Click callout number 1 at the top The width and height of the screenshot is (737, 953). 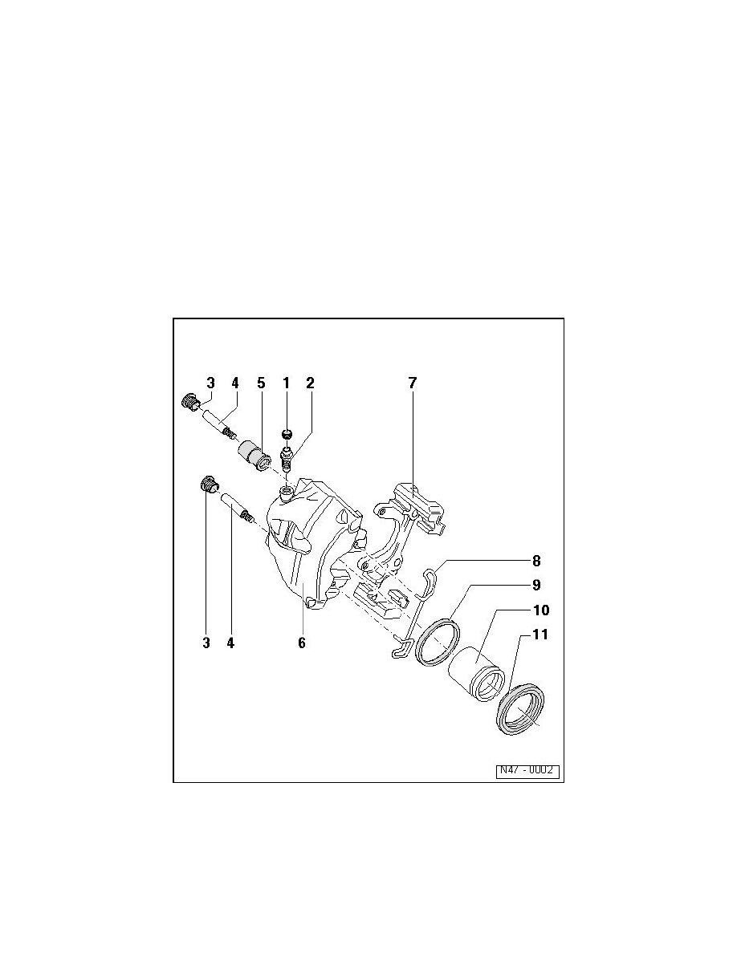[x=286, y=383]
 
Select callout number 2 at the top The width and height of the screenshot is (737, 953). [x=310, y=383]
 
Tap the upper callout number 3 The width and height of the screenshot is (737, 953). [x=210, y=383]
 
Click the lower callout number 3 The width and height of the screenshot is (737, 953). [x=206, y=643]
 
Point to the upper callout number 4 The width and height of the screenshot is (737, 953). [x=234, y=383]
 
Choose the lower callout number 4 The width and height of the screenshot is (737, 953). [x=230, y=643]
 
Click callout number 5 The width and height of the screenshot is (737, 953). [x=261, y=383]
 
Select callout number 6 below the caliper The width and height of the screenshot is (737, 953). [x=302, y=643]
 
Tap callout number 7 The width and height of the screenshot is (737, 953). [x=413, y=383]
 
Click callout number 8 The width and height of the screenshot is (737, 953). [x=536, y=561]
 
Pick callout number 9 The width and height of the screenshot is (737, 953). [x=536, y=585]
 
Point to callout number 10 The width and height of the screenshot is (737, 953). [x=541, y=610]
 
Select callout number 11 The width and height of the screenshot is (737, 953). [x=540, y=635]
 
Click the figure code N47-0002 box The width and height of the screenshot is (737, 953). [x=527, y=771]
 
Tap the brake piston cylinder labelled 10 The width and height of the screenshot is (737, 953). [x=476, y=674]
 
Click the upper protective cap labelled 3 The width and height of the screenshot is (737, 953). [x=191, y=402]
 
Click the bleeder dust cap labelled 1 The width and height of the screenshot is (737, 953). [x=287, y=434]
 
